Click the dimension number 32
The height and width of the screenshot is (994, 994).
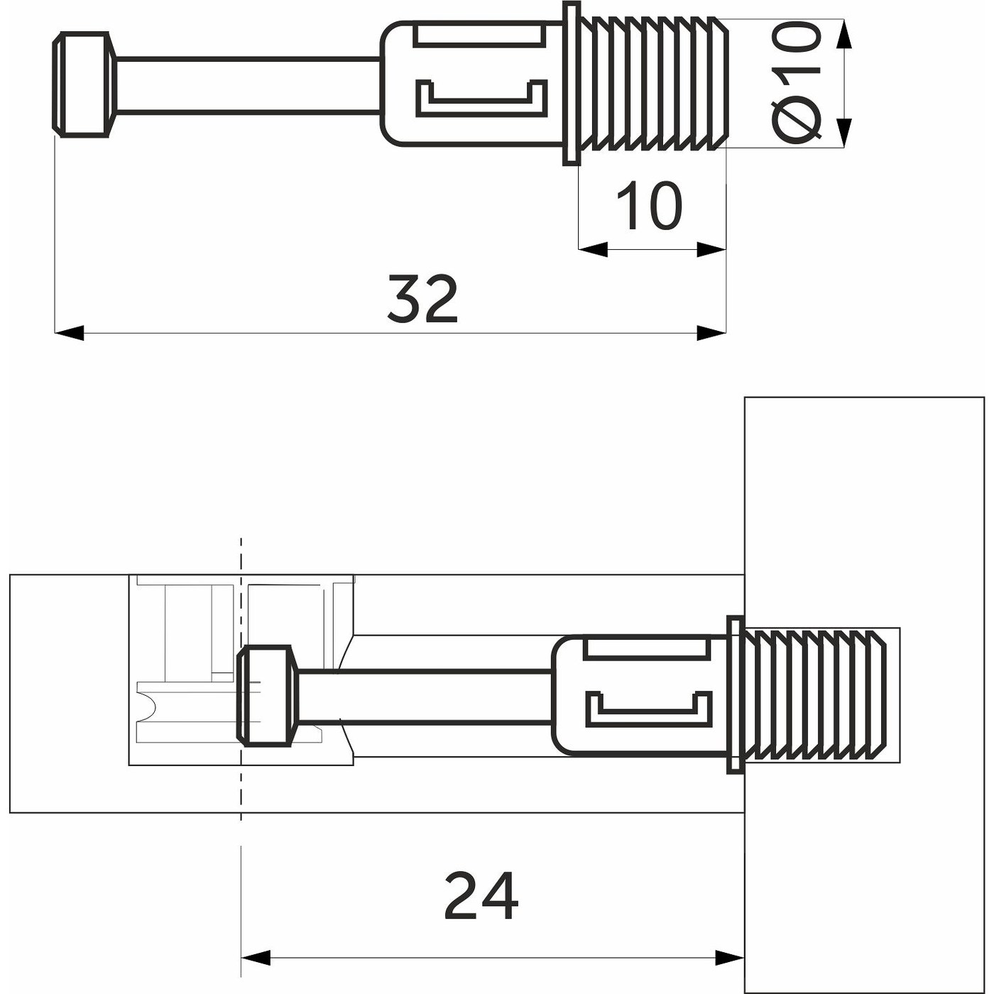pos(422,298)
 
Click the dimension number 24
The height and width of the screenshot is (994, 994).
pos(481,896)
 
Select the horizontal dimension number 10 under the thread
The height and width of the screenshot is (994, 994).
pos(649,206)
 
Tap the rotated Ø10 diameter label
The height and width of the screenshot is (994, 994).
pos(796,82)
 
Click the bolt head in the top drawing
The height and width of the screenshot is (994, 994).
pos(84,84)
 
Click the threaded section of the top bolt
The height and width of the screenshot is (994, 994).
pos(653,84)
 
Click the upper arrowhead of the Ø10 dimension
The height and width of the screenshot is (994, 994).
pos(843,34)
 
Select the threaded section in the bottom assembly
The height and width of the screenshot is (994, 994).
pos(816,694)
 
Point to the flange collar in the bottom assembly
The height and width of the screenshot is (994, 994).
pos(735,694)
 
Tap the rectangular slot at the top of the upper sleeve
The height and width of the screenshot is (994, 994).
pos(481,34)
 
